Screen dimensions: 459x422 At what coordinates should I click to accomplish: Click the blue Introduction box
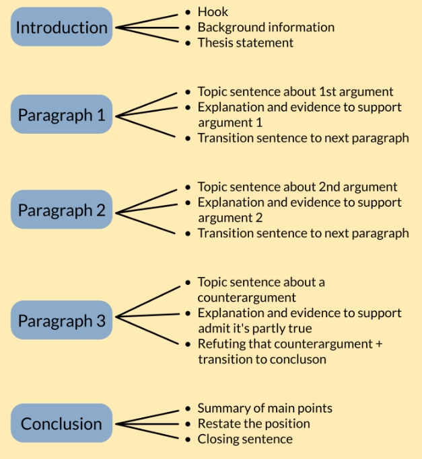coord(61,28)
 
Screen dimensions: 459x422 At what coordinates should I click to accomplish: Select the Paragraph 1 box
coord(61,115)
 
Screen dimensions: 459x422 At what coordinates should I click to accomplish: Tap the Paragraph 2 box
coord(61,210)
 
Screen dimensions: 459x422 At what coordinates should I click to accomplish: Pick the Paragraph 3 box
coord(61,320)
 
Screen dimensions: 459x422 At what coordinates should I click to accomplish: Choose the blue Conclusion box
coord(61,423)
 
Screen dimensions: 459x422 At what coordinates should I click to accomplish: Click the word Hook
coord(213,11)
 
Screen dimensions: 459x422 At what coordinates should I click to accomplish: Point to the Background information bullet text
coord(265,28)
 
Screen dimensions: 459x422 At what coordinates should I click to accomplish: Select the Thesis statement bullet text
coord(245,43)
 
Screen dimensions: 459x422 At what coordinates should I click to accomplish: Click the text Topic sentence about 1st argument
coord(295,91)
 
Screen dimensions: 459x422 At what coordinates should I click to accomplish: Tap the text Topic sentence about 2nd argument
coord(297,187)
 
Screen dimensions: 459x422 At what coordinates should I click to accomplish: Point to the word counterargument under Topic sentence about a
coord(247,297)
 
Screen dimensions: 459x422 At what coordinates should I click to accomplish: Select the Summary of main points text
coord(265,408)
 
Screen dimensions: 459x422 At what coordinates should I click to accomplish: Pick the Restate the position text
coord(253,423)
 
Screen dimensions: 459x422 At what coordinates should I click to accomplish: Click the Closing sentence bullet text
coord(244,439)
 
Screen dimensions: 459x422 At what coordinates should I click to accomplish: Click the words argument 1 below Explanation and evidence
coord(230,123)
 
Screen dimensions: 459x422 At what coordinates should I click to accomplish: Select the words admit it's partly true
coord(254,329)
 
